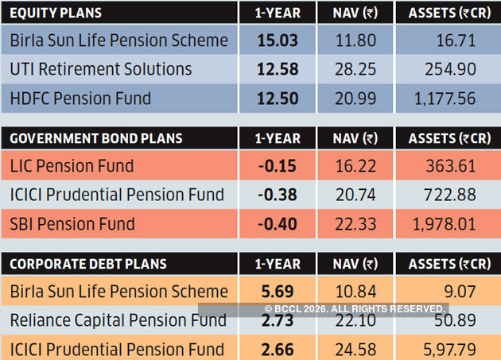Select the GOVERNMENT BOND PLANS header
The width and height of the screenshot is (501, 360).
click(95, 138)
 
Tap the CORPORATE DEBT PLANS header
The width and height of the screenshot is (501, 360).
click(87, 264)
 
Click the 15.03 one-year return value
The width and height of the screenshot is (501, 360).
click(277, 40)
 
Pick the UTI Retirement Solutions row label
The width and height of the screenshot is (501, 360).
click(101, 69)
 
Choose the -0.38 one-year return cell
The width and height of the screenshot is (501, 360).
click(278, 195)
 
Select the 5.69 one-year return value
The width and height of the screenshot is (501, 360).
click(277, 292)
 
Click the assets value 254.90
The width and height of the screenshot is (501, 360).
click(450, 69)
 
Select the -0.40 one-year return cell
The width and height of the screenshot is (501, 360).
click(278, 223)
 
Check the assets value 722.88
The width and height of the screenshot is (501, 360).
click(450, 195)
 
